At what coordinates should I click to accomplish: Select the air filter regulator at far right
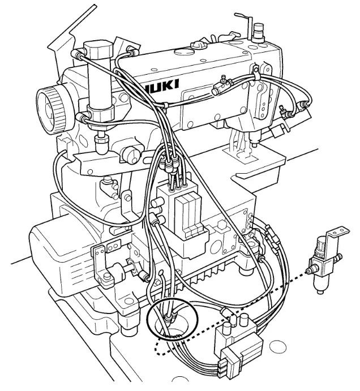tap(321, 261)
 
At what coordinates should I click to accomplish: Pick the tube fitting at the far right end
tap(307, 104)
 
